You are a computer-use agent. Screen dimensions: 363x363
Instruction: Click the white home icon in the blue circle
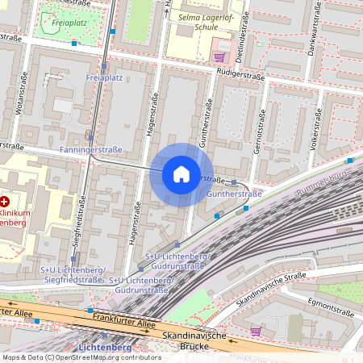click(181, 174)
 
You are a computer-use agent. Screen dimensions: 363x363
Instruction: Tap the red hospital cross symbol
click(5, 201)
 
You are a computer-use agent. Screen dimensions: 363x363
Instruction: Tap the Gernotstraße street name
click(260, 128)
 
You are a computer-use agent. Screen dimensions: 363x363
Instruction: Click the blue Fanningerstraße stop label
click(90, 150)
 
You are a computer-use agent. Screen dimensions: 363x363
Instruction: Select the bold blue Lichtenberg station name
click(105, 348)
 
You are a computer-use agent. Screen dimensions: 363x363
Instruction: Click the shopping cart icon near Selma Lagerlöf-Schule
click(219, 56)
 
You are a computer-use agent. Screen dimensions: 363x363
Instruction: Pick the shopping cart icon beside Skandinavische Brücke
click(256, 331)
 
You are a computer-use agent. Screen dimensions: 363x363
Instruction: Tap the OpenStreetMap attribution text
click(81, 357)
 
